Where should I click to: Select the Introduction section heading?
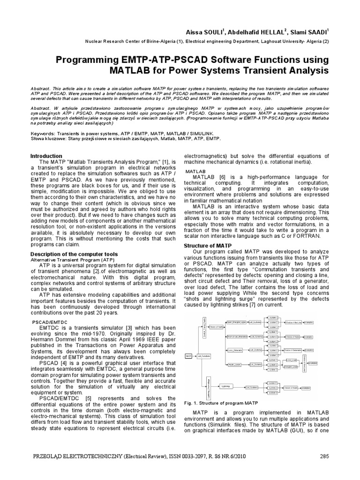46,156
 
